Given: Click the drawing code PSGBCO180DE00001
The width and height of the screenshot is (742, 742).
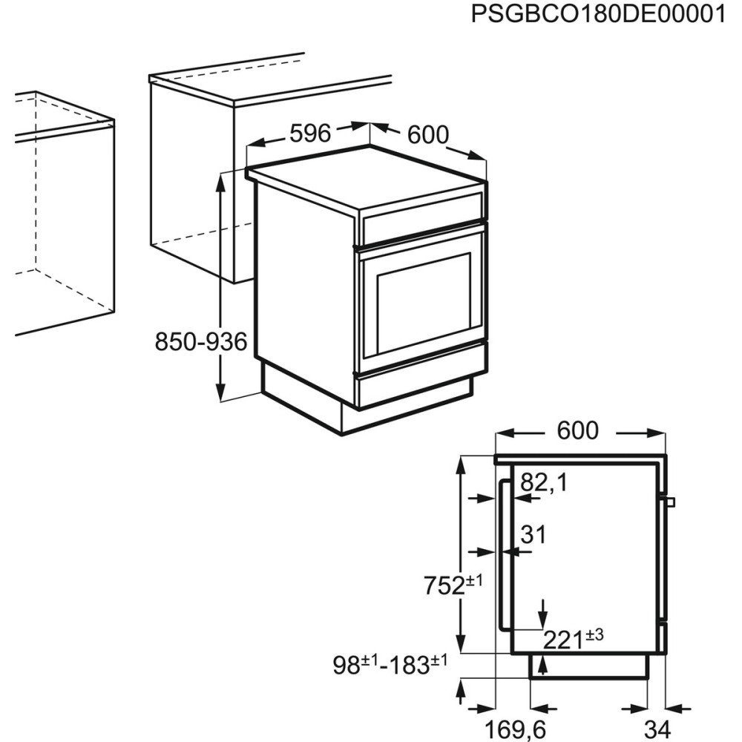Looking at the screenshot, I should [x=598, y=15].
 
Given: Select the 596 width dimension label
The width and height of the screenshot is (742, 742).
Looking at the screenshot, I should [x=309, y=134].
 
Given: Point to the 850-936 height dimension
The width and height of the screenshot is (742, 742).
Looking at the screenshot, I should [x=200, y=342].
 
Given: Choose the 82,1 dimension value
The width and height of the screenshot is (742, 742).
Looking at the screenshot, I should [x=543, y=483].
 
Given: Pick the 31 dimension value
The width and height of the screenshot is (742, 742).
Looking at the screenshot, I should [x=533, y=533].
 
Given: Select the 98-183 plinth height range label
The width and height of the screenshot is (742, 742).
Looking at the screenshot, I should [x=390, y=665].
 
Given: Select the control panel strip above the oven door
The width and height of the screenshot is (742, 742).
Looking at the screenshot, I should [x=421, y=215].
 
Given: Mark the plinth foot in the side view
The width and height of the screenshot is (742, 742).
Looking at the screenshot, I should [x=589, y=667].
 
